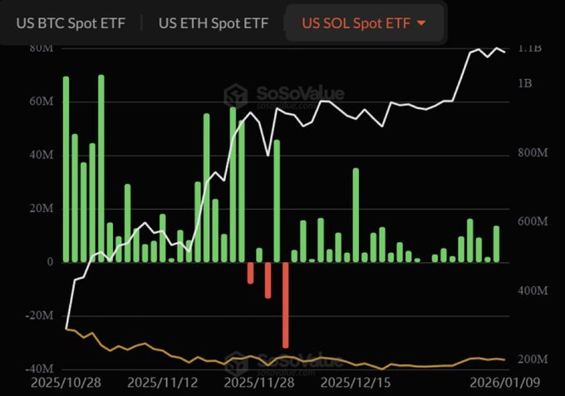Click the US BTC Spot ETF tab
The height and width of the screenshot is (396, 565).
pos(71,22)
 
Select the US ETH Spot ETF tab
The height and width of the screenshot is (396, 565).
pos(214,22)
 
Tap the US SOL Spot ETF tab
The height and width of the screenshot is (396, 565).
pos(356,22)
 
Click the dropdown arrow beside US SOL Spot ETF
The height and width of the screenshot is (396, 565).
pos(421,22)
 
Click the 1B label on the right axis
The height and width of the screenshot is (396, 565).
pos(525,83)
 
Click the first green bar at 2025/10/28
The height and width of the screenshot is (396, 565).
pos(66,169)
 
